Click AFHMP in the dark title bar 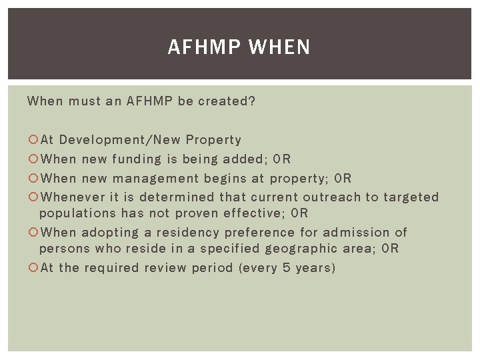tap(205, 47)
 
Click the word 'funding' tap(137, 159)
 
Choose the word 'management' tap(156, 178)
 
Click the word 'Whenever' tap(72, 197)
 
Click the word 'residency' tap(180, 233)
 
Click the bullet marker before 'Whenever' tap(33, 197)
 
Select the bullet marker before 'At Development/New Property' tap(33, 140)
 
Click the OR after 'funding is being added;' tap(283, 159)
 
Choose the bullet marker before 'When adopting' tap(33, 233)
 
